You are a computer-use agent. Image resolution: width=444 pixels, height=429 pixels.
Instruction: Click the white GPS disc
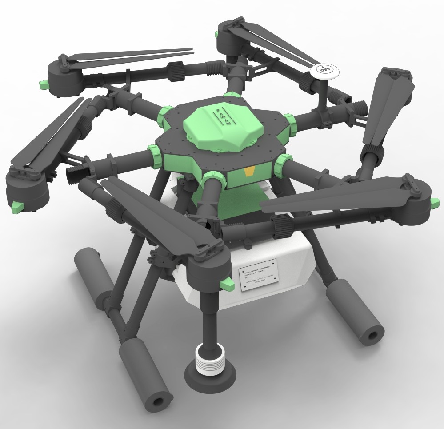[x=324, y=71]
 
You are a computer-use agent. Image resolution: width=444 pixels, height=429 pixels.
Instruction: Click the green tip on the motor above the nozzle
[x=228, y=284]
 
